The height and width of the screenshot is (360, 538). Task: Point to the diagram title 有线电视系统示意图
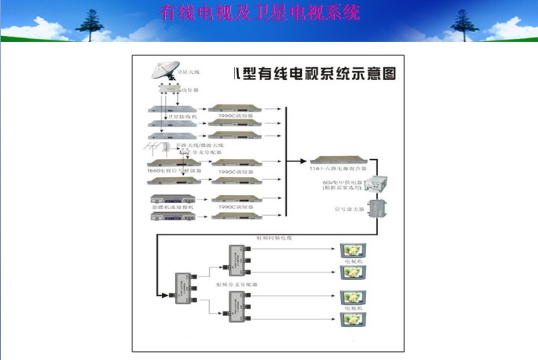click(x=315, y=74)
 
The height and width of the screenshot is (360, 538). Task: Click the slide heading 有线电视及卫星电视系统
click(x=260, y=13)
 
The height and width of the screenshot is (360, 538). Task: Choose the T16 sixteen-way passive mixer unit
click(x=340, y=160)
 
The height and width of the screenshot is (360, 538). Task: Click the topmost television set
click(x=350, y=250)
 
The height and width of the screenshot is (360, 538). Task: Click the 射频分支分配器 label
click(x=235, y=285)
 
